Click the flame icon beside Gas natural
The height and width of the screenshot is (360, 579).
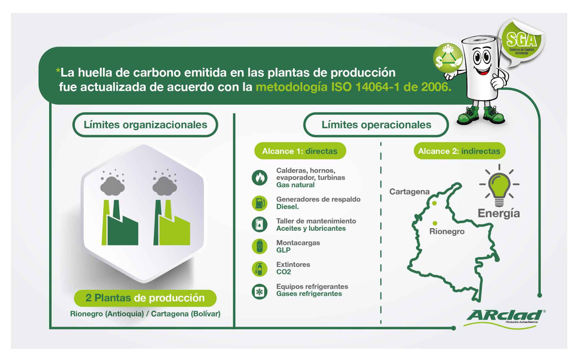click(x=259, y=178)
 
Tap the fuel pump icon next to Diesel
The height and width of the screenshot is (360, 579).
click(x=259, y=203)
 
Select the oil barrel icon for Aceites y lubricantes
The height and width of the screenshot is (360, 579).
click(x=259, y=224)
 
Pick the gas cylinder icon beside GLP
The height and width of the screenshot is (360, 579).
click(x=259, y=246)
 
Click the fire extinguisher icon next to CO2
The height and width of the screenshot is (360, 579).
click(x=259, y=269)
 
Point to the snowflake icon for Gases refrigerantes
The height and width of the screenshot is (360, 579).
click(x=259, y=292)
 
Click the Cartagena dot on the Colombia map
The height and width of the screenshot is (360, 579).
click(x=434, y=203)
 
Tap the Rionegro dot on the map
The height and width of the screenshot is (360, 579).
click(x=435, y=223)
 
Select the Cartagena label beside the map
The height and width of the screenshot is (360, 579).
click(x=409, y=192)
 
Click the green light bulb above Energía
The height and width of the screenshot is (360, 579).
click(x=499, y=186)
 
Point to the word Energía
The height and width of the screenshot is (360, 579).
click(x=499, y=213)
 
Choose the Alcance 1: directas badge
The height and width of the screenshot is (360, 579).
click(x=300, y=151)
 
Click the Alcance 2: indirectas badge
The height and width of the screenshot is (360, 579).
click(x=459, y=151)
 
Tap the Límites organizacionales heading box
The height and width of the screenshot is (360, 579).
click(x=145, y=125)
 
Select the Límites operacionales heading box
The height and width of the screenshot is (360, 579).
click(x=376, y=125)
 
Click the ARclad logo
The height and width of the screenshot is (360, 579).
click(x=505, y=319)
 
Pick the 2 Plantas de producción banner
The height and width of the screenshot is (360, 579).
click(x=145, y=298)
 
